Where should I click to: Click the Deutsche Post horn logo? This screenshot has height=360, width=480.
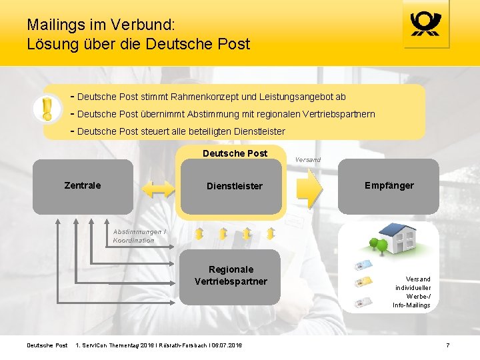coord(427,25)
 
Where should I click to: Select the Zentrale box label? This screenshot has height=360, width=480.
coord(83,185)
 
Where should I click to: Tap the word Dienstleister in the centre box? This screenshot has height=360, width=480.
coord(235,186)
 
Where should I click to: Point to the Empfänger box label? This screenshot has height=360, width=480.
coord(389,185)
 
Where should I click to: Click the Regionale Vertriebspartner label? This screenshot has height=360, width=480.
coord(231,275)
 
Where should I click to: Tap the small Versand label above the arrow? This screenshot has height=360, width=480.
coord(307,160)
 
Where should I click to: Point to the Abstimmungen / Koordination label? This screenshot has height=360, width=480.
coord(139,236)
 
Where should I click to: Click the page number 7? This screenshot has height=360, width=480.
coord(447,345)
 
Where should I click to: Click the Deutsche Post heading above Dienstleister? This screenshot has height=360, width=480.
coord(235,153)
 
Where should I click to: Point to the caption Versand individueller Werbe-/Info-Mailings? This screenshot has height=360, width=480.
coord(413,292)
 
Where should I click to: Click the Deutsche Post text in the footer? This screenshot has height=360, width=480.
coord(47,345)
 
